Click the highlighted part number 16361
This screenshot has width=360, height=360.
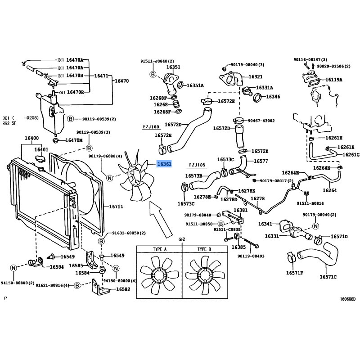pos(164,164)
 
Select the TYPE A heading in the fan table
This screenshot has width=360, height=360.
pos(160,249)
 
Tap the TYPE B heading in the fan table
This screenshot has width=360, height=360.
pos(204,249)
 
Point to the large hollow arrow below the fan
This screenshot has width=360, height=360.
pos(161,220)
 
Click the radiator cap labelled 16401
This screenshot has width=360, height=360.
pos(40,159)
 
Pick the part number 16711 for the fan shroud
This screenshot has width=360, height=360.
pos(116,207)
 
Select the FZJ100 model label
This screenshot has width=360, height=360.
pos(151,127)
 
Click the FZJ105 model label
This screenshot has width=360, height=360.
pos(197,165)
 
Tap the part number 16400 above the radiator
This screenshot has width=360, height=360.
pos(31,138)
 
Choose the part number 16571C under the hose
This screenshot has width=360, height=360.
pos(328,277)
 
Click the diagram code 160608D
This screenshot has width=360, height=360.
pos(347,299)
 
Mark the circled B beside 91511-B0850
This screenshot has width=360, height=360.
pos(220,224)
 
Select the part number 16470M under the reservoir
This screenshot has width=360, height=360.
pos(74,140)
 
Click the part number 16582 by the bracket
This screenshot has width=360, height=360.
pos(123,289)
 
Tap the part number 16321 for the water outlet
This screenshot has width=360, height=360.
pos(256,76)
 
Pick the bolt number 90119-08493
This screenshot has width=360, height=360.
pos(251,256)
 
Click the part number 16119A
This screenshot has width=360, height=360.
pos(334,80)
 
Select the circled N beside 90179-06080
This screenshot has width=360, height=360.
pos(110,178)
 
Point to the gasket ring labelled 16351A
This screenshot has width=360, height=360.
pos(180,85)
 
